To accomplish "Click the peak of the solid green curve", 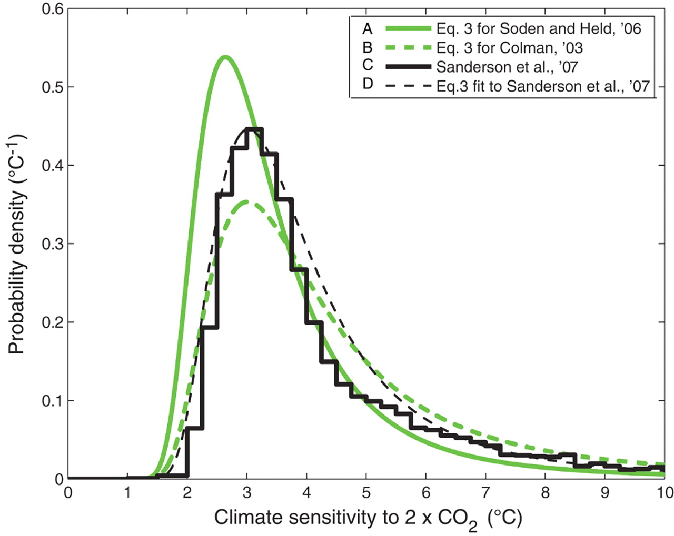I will (x=225, y=57).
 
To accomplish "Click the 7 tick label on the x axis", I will (x=485, y=492).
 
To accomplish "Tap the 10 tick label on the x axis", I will (x=664, y=492).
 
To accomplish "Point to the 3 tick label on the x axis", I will (x=246, y=492).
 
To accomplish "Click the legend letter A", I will (x=368, y=28).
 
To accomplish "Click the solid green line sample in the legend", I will (x=408, y=28).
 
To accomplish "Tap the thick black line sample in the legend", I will (x=408, y=67).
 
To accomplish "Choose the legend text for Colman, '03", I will (x=509, y=48).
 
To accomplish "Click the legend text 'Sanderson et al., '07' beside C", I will (x=507, y=67).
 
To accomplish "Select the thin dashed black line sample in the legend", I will (x=408, y=86).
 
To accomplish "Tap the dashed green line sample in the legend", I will (x=408, y=48).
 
